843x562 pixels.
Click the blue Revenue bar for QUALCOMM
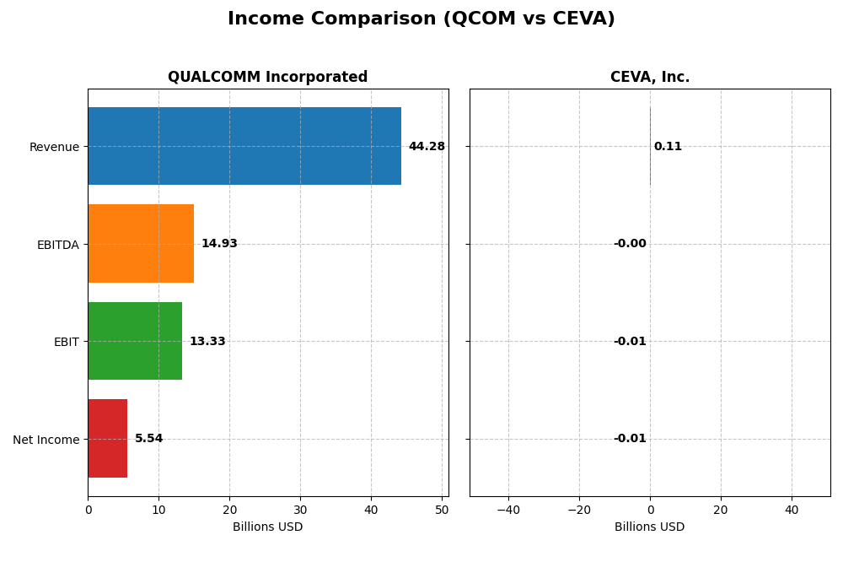(x=244, y=146)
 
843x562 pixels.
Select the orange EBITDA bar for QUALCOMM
(x=141, y=244)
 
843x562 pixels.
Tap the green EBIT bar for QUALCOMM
(x=135, y=341)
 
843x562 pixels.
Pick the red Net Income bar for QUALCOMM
(x=108, y=439)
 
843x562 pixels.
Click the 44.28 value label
(x=427, y=147)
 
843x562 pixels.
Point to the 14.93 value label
(x=219, y=244)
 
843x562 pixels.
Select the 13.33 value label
(x=207, y=342)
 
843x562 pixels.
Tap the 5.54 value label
(x=149, y=439)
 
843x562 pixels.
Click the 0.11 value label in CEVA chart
(x=668, y=147)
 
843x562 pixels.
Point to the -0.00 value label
(x=630, y=244)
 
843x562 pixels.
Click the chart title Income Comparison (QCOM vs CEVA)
(x=421, y=19)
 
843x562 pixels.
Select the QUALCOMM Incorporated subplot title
(x=267, y=78)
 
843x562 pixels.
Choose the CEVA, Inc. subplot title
(x=650, y=78)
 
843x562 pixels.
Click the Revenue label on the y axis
(x=54, y=147)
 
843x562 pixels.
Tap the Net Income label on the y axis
(x=46, y=440)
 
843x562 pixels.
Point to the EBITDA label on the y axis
(x=57, y=245)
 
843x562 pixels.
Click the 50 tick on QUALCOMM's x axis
(x=442, y=510)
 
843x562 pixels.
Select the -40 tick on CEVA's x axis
(x=508, y=510)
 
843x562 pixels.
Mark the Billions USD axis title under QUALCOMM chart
(x=267, y=527)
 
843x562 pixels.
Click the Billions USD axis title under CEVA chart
(x=650, y=527)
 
